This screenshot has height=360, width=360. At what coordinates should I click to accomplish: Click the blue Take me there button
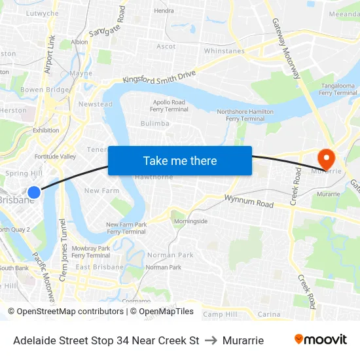(180, 160)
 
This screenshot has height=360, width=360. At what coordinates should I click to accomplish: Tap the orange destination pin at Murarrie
(325, 158)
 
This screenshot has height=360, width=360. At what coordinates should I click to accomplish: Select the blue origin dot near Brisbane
(34, 192)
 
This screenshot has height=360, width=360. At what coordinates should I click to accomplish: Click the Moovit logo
(321, 340)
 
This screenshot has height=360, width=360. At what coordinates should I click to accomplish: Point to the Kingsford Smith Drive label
(159, 77)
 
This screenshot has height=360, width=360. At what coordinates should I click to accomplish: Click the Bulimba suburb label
(155, 123)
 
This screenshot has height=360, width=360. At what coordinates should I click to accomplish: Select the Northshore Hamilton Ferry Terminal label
(245, 115)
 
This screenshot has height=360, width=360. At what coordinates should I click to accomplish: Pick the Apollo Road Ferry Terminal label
(170, 106)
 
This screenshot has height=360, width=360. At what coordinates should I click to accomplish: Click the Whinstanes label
(224, 51)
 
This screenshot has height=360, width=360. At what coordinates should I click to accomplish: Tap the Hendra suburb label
(164, 11)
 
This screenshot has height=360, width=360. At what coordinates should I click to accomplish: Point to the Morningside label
(190, 221)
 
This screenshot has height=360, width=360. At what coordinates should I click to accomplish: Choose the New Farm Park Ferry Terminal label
(126, 228)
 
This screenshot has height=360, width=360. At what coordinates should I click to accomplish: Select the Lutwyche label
(42, 13)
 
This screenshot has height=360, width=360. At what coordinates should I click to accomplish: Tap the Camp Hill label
(220, 315)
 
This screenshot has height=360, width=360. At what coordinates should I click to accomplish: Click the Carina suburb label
(269, 315)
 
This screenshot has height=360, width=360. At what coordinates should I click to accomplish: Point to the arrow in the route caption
(211, 340)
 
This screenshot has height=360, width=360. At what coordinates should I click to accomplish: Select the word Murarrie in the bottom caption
(243, 340)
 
